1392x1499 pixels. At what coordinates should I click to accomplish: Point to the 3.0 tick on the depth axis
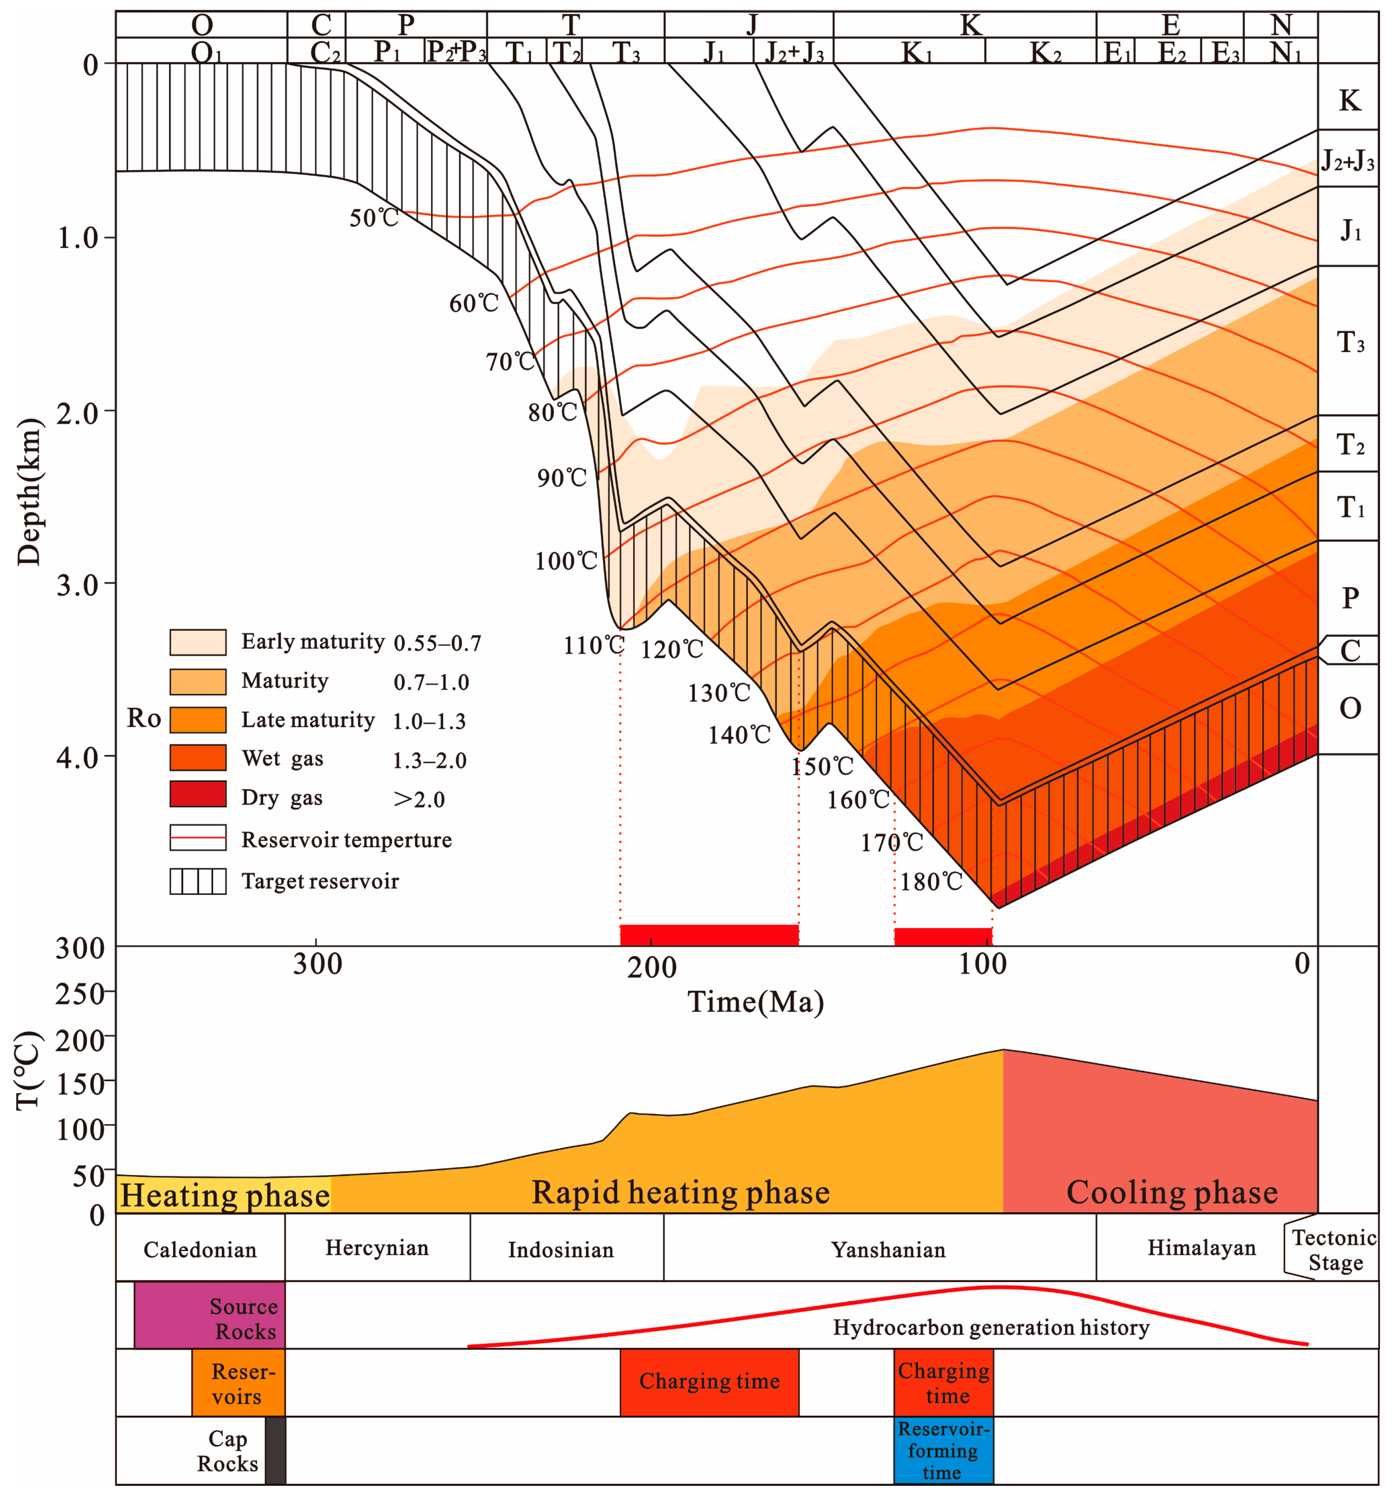coord(79,584)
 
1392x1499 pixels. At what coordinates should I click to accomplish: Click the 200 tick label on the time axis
coord(651,967)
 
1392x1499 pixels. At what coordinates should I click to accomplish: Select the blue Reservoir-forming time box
coord(943,1450)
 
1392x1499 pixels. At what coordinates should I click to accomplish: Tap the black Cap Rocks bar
coord(276,1450)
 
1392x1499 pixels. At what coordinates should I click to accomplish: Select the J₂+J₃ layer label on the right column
coord(1347,160)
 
